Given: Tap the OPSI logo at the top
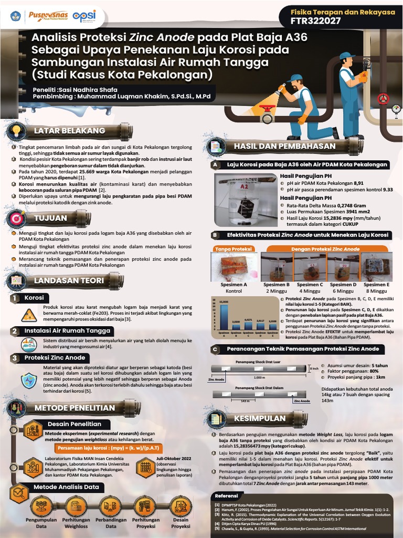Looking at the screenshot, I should tap(84, 16).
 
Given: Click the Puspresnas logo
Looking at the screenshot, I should tap(47, 16).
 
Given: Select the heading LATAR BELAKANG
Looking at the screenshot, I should tap(69, 130).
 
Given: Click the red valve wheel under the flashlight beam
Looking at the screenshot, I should tap(268, 110).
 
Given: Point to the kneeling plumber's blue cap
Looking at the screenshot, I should tap(295, 79).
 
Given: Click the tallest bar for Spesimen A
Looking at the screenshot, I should tap(224, 314).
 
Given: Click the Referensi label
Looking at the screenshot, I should tap(227, 495).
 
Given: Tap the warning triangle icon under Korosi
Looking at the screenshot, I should tap(29, 315).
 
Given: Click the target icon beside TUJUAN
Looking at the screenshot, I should tap(17, 218).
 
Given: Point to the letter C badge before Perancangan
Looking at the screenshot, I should tap(215, 349).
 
